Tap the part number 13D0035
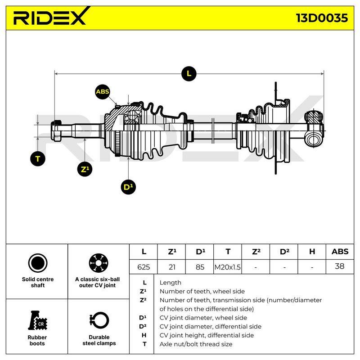[x=322, y=18]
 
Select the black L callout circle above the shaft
[x=189, y=74]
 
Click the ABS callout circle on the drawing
[x=103, y=92]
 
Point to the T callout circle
[x=38, y=159]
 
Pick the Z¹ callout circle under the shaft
[x=85, y=169]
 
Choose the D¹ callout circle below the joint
[x=128, y=187]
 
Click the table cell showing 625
[x=144, y=267]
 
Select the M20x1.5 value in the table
[x=228, y=267]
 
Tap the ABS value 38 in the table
[x=340, y=266]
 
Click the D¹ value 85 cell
[x=200, y=267]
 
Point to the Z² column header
[x=256, y=252]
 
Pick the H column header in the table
[x=312, y=252]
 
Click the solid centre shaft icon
[x=38, y=263]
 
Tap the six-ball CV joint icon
[x=99, y=263]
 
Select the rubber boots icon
[x=38, y=320]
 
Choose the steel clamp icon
[x=99, y=320]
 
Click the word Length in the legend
[x=171, y=283]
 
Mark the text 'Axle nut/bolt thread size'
[x=196, y=344]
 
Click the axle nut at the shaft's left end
[x=56, y=130]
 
